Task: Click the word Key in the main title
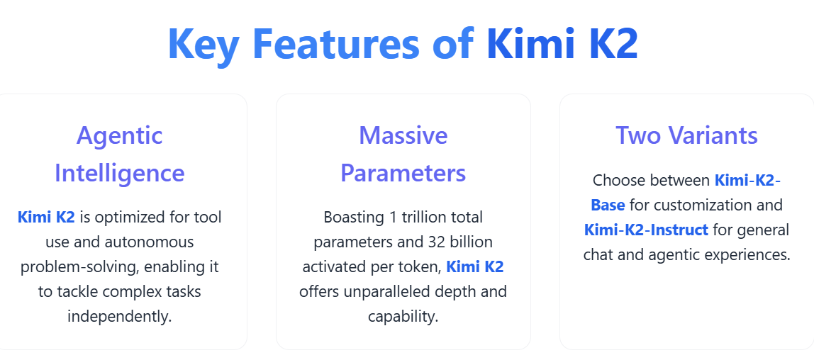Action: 203,44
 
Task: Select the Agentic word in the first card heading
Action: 119,135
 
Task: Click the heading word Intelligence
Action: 119,173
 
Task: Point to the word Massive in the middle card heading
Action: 403,135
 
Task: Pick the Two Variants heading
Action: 686,135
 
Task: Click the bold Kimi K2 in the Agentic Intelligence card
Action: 46,217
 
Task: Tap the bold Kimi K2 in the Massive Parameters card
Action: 474,266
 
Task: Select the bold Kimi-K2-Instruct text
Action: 646,230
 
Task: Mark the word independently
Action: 119,316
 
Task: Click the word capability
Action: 403,316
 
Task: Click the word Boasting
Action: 352,217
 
